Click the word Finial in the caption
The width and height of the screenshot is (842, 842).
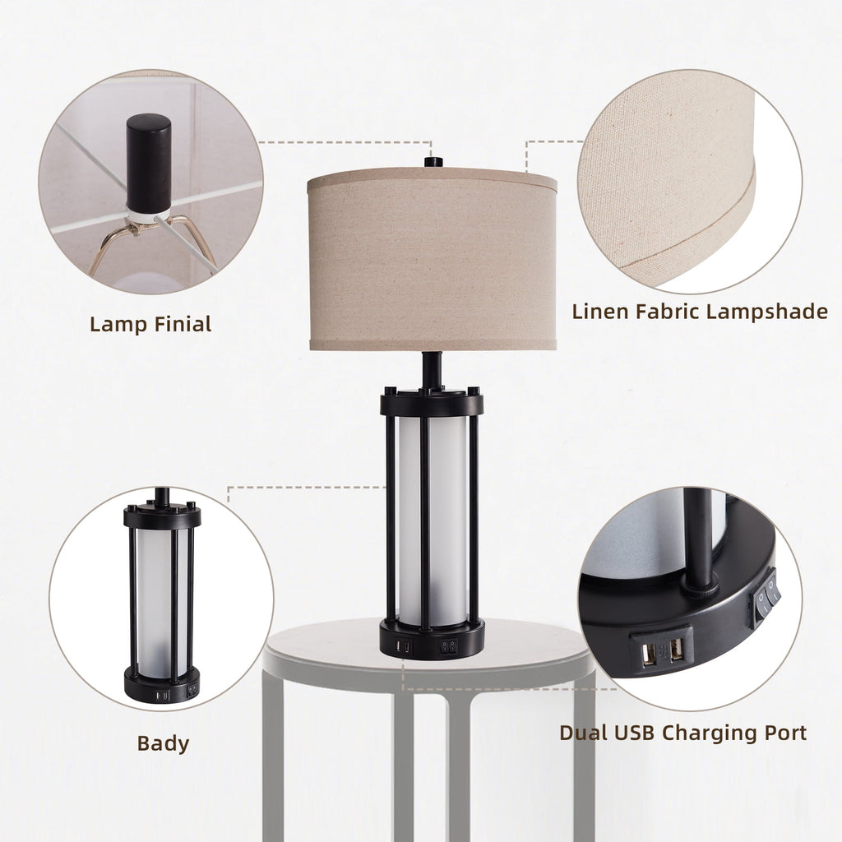pos(182,324)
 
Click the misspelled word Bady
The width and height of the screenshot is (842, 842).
pos(163,744)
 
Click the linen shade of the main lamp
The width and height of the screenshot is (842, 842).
pos(432,263)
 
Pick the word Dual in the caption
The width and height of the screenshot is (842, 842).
pos(585,733)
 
